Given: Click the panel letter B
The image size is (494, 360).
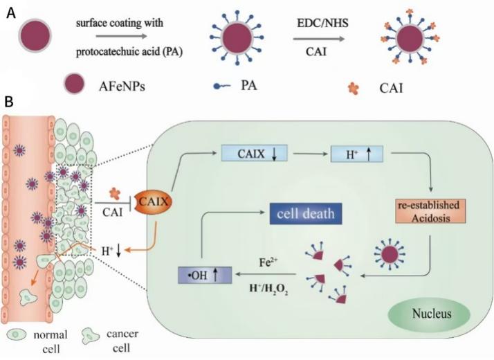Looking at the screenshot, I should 10,102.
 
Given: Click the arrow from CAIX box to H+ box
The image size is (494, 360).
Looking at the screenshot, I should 305,152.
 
